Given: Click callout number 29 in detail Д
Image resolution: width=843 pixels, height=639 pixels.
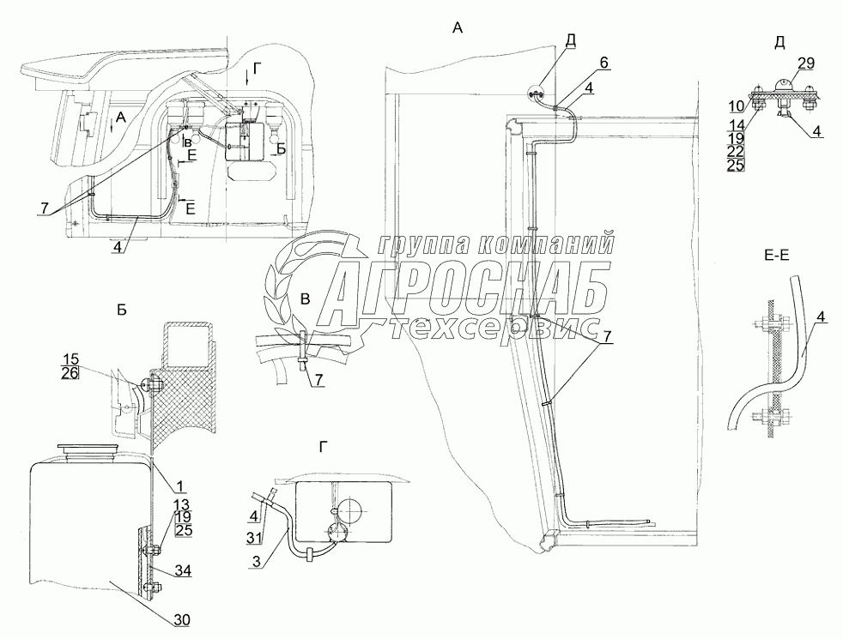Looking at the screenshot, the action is [x=806, y=63].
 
